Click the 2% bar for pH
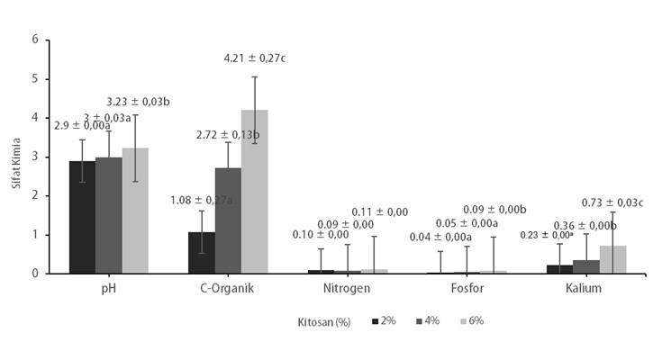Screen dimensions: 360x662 (x=82, y=217)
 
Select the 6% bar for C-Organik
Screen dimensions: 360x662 (x=255, y=192)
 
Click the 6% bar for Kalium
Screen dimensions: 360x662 (x=612, y=259)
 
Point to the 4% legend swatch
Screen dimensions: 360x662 (x=418, y=320)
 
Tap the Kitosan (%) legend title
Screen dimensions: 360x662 (x=326, y=320)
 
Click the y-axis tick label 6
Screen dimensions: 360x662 (x=35, y=40)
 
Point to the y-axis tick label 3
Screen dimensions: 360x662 (x=35, y=157)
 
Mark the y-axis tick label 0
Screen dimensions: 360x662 (x=35, y=274)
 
